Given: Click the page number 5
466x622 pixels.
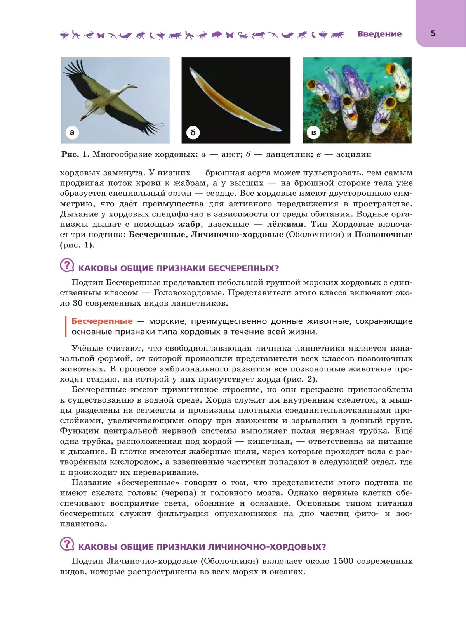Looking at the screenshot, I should pos(433,34).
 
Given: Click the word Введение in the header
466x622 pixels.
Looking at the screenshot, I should pos(379,34).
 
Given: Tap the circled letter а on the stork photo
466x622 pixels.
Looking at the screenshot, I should pos(72,132).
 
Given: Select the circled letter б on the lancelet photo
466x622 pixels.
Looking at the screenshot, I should pos(193,133).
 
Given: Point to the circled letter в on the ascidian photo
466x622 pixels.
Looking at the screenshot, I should pos(313,133).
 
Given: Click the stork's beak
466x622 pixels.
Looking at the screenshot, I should pos(133,86).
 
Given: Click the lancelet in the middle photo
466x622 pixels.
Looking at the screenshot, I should pos(233,101).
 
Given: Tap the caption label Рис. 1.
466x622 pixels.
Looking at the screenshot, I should pos(75,154).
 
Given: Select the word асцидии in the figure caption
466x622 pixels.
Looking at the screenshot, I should pos(353,154).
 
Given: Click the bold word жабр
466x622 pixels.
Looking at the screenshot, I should pos(189,224).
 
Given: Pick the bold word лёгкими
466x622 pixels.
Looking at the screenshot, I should pos(285,224).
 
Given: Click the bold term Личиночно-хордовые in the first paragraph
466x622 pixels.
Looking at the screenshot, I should pos(237,235).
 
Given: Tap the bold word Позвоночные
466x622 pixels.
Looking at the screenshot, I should pos(383,235).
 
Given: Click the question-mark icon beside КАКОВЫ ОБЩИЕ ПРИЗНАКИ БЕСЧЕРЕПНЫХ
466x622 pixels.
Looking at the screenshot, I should pos(67,266).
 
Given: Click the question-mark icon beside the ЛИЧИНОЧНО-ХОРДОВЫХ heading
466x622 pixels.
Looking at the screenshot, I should pos(67,544).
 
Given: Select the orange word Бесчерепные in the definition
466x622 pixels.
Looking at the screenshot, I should pos(102,321).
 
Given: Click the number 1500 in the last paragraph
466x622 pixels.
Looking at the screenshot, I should pos(343,561).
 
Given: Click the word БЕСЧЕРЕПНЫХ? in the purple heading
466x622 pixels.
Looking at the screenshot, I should pos(243,268).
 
